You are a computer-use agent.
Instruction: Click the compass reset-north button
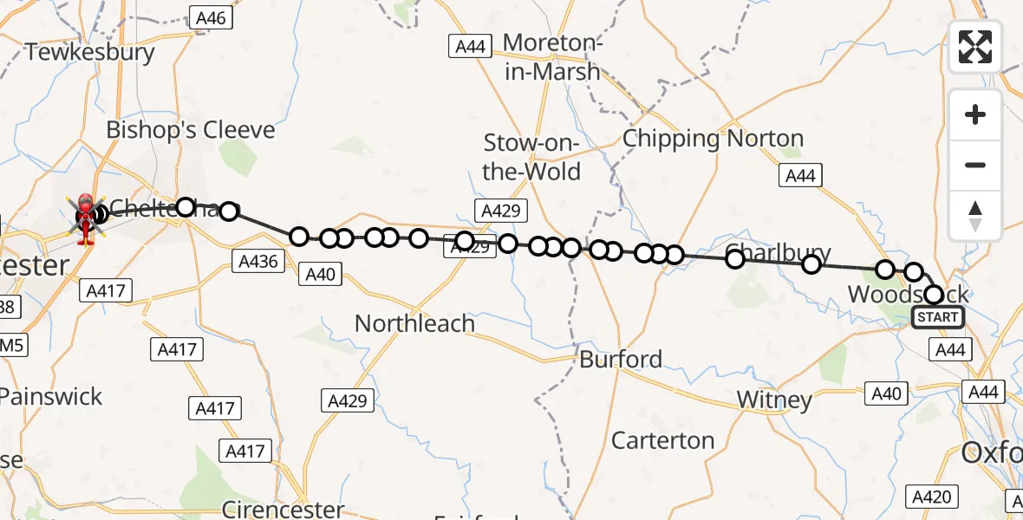pyautogui.click(x=975, y=216)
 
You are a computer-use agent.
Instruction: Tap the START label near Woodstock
pyautogui.click(x=938, y=317)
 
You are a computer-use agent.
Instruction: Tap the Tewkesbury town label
pyautogui.click(x=90, y=52)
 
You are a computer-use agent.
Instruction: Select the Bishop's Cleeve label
pyautogui.click(x=190, y=131)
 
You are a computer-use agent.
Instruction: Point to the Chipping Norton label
pyautogui.click(x=713, y=139)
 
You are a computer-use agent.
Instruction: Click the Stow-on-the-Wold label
pyautogui.click(x=531, y=157)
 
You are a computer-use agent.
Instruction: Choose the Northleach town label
pyautogui.click(x=414, y=323)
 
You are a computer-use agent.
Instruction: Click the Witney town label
pyautogui.click(x=774, y=400)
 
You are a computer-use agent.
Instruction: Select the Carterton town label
pyautogui.click(x=662, y=440)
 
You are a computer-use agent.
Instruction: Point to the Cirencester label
pyautogui.click(x=283, y=509)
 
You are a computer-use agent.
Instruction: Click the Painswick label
pyautogui.click(x=50, y=397)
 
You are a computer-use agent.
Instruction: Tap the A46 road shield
pyautogui.click(x=210, y=17)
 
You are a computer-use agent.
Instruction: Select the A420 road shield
pyautogui.click(x=933, y=497)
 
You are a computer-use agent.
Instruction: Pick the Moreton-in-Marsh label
pyautogui.click(x=551, y=56)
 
